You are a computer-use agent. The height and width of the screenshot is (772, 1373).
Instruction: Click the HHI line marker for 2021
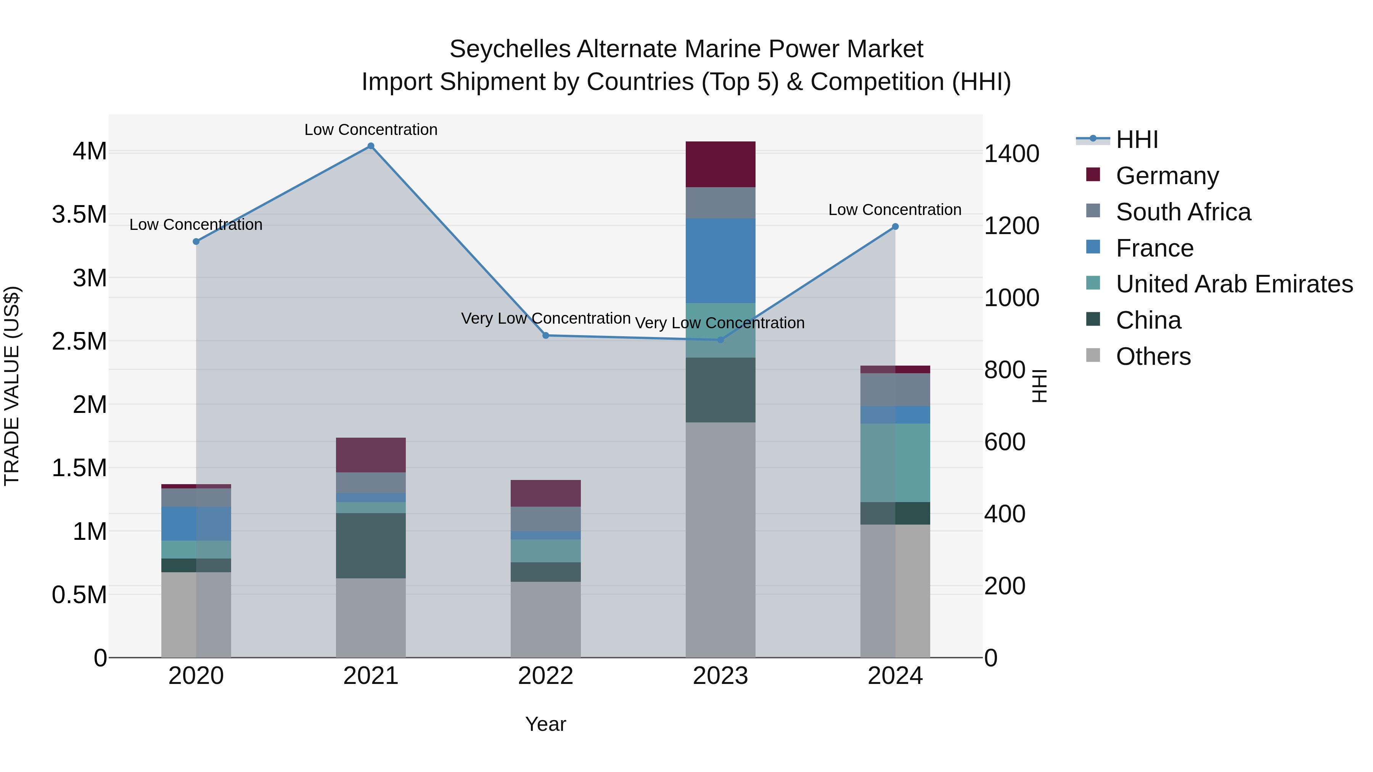pyautogui.click(x=371, y=146)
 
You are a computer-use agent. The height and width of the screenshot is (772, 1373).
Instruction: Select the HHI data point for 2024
pyautogui.click(x=896, y=226)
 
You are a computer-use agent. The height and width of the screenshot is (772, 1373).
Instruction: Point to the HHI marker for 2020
pyautogui.click(x=196, y=241)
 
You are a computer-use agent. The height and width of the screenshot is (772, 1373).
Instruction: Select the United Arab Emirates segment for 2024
pyautogui.click(x=896, y=462)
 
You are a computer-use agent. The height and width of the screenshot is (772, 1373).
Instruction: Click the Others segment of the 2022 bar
pyautogui.click(x=545, y=619)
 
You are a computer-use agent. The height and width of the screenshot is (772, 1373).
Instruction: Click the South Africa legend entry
pyautogui.click(x=1183, y=212)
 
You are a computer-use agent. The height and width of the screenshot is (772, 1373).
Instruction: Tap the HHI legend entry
pyautogui.click(x=1137, y=140)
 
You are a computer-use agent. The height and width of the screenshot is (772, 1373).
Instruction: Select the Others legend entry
pyautogui.click(x=1153, y=356)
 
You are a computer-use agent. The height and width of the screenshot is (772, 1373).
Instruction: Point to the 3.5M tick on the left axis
pyautogui.click(x=79, y=215)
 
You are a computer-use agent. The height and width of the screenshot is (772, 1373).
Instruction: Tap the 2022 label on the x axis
pyautogui.click(x=545, y=676)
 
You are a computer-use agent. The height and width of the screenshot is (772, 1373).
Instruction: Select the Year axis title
pyautogui.click(x=545, y=724)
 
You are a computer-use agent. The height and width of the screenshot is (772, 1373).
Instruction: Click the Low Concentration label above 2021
pyautogui.click(x=371, y=130)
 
